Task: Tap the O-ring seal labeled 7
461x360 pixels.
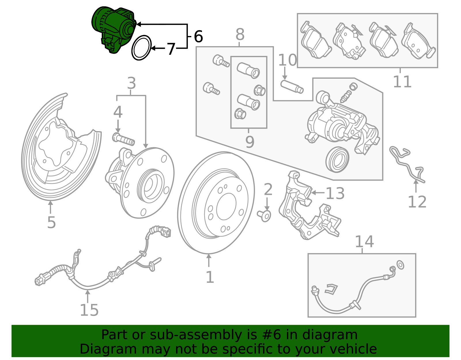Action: (x=141, y=48)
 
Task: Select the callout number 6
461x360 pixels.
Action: (x=198, y=37)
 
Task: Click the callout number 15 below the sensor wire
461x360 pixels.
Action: (x=89, y=310)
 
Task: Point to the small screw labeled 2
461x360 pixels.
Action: (x=264, y=216)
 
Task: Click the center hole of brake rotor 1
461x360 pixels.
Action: (x=226, y=206)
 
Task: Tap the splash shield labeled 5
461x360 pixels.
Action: (x=58, y=161)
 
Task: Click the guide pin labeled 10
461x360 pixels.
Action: (x=292, y=86)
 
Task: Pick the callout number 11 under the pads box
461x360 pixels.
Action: (x=402, y=82)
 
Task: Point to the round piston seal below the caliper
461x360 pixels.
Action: (x=337, y=160)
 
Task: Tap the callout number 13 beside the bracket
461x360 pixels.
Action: (x=335, y=193)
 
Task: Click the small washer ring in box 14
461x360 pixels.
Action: (x=400, y=265)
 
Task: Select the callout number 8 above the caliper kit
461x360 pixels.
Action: (x=240, y=35)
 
